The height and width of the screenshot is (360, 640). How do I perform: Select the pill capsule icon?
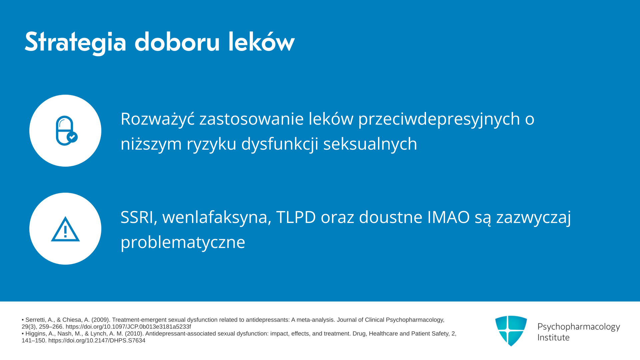pyautogui.click(x=66, y=131)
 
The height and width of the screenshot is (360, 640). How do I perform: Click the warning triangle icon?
pyautogui.click(x=65, y=229)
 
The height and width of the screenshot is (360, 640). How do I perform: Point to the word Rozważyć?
pyautogui.click(x=158, y=119)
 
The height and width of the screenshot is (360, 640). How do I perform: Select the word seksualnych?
pyautogui.click(x=370, y=144)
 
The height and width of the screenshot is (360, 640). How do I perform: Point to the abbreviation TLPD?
pyautogui.click(x=296, y=217)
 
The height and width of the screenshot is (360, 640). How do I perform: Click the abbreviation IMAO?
pyautogui.click(x=448, y=217)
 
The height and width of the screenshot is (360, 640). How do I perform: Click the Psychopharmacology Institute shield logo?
pyautogui.click(x=511, y=331)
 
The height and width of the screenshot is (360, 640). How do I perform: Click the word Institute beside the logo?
pyautogui.click(x=553, y=337)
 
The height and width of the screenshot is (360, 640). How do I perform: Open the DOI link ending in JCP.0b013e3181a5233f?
pyautogui.click(x=128, y=327)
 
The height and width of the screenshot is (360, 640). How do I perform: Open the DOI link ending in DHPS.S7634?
pyautogui.click(x=97, y=341)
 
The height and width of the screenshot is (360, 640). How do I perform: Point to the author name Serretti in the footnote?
pyautogui.click(x=35, y=320)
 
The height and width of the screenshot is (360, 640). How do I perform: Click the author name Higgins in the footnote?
pyautogui.click(x=36, y=334)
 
